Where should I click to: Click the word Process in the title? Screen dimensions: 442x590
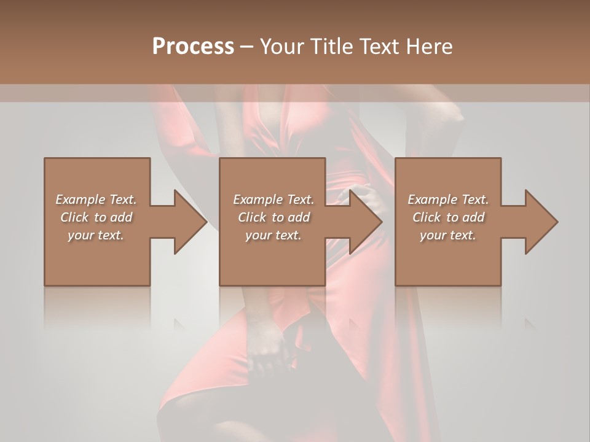tap(193, 47)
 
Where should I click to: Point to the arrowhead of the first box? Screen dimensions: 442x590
tap(190, 222)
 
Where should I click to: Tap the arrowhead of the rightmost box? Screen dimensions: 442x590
tap(541, 222)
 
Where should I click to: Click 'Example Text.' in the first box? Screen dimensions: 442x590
tap(96, 200)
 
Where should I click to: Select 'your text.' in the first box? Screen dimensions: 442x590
tap(96, 235)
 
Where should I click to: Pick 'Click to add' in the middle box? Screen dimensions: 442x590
tap(273, 217)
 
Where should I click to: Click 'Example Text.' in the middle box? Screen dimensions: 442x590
tap(273, 200)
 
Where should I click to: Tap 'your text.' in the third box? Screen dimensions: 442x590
tap(448, 235)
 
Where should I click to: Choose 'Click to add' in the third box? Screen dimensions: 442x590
tap(448, 217)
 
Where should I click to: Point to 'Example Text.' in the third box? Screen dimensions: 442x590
tap(448, 200)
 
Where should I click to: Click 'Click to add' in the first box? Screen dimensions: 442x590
tap(96, 217)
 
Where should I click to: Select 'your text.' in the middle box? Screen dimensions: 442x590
tap(273, 235)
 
